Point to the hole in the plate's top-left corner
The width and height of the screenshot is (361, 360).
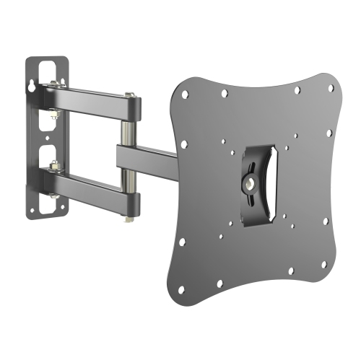pos(186,94)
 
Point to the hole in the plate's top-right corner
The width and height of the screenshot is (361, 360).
pos(331,89)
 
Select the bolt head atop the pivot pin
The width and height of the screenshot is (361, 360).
pos(128,95)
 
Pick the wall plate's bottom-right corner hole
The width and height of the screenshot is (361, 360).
pos(63,208)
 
